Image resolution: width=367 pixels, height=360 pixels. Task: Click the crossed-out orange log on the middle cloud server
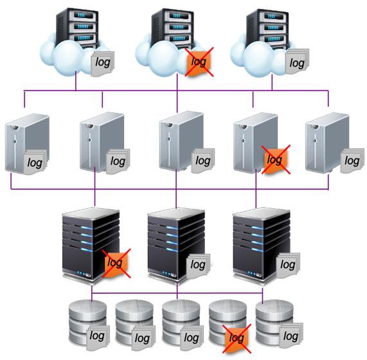199,62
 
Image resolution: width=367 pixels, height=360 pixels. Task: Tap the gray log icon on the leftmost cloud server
103,63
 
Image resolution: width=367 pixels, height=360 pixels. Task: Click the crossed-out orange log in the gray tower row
276,159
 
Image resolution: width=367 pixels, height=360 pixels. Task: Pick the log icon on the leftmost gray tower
35,162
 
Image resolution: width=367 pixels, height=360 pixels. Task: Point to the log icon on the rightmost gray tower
352,161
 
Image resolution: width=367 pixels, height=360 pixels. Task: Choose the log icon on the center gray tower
203,161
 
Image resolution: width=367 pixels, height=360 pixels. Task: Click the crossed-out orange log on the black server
116,264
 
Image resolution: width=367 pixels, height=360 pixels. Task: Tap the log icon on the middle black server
198,266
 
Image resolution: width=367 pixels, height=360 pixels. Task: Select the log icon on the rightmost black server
288,265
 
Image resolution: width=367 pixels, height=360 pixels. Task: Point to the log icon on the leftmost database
98,337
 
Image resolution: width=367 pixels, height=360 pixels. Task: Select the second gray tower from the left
102,142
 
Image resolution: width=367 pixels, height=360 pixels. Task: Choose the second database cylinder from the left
134,326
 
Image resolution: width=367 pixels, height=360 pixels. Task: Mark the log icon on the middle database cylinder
192,337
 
